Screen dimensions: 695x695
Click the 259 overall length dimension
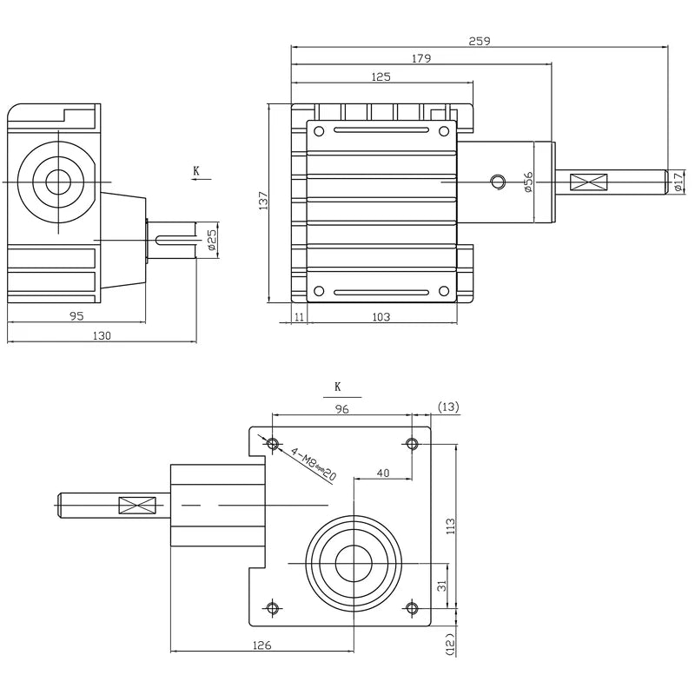[x=479, y=40]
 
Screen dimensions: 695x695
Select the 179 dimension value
[x=421, y=58]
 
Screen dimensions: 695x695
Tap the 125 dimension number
[x=381, y=76]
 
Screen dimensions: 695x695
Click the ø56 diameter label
[x=527, y=182]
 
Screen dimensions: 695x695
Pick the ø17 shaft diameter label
[x=678, y=182]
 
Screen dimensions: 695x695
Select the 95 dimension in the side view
[x=76, y=316]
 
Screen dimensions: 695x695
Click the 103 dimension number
[x=381, y=317]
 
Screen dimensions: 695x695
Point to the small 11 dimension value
[x=300, y=317]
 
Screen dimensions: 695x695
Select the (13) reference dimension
[x=449, y=407]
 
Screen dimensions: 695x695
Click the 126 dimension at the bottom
[x=262, y=645]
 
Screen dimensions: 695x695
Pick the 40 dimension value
[x=382, y=473]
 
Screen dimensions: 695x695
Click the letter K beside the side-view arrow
[x=196, y=171]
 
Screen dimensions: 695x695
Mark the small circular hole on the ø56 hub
[x=498, y=181]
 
